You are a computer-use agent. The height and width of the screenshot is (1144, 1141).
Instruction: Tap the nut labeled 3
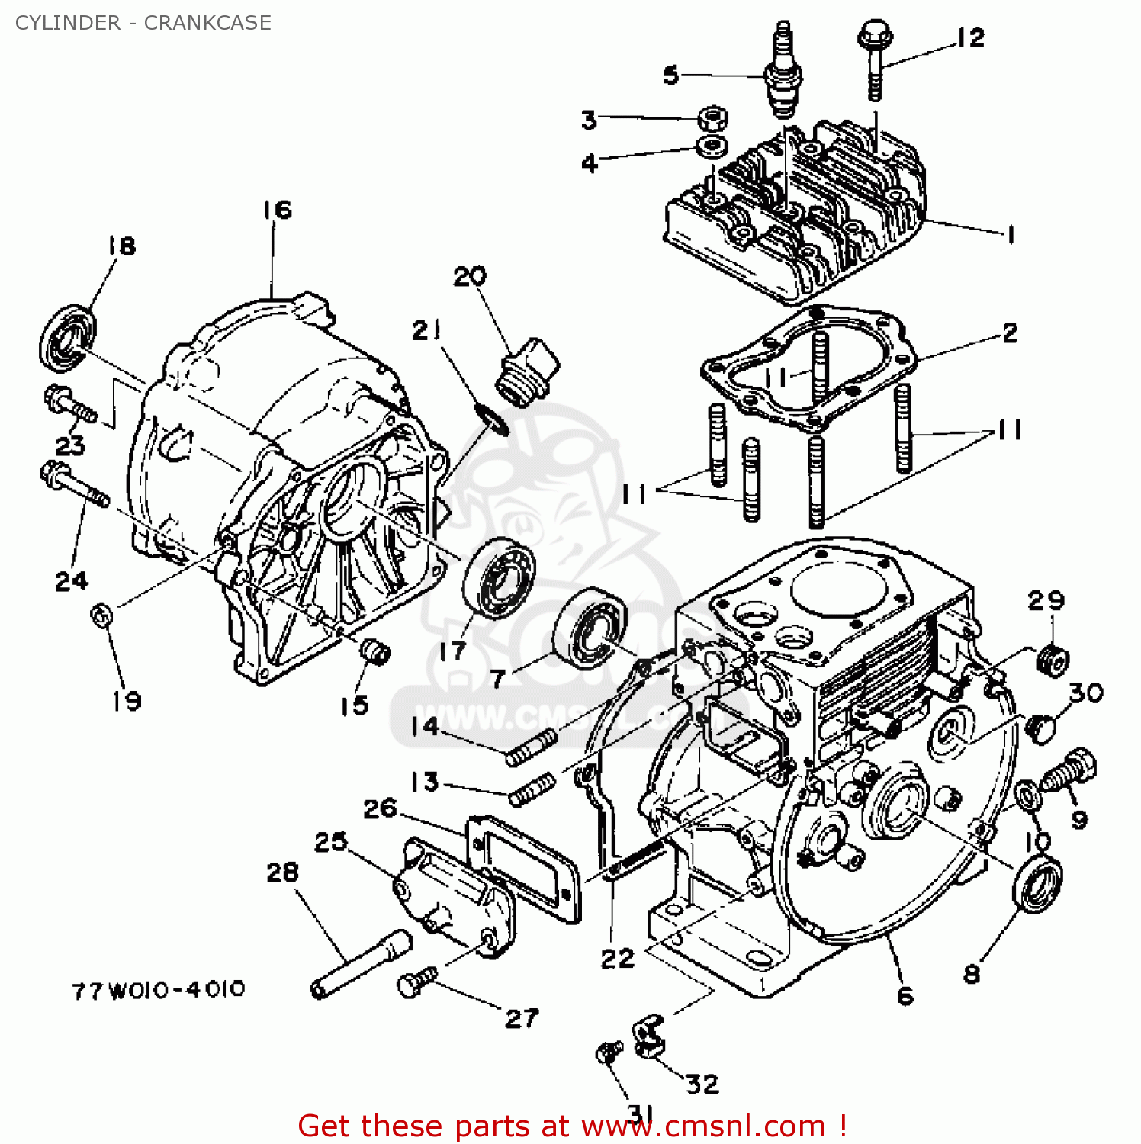pos(712,118)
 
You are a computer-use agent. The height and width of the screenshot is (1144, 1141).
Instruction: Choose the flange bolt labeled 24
pos(75,484)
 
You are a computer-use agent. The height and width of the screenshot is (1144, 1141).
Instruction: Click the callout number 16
pos(278,210)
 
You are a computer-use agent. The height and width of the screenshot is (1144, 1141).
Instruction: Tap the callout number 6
pos(905,995)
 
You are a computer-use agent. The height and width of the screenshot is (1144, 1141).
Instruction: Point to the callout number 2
pos(1010,333)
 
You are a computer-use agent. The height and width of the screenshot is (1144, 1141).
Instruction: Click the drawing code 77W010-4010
pos(159,990)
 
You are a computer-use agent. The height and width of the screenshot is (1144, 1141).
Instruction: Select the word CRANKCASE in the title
pos(207,23)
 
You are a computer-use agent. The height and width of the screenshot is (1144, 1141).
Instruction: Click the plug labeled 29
pos(1053,659)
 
